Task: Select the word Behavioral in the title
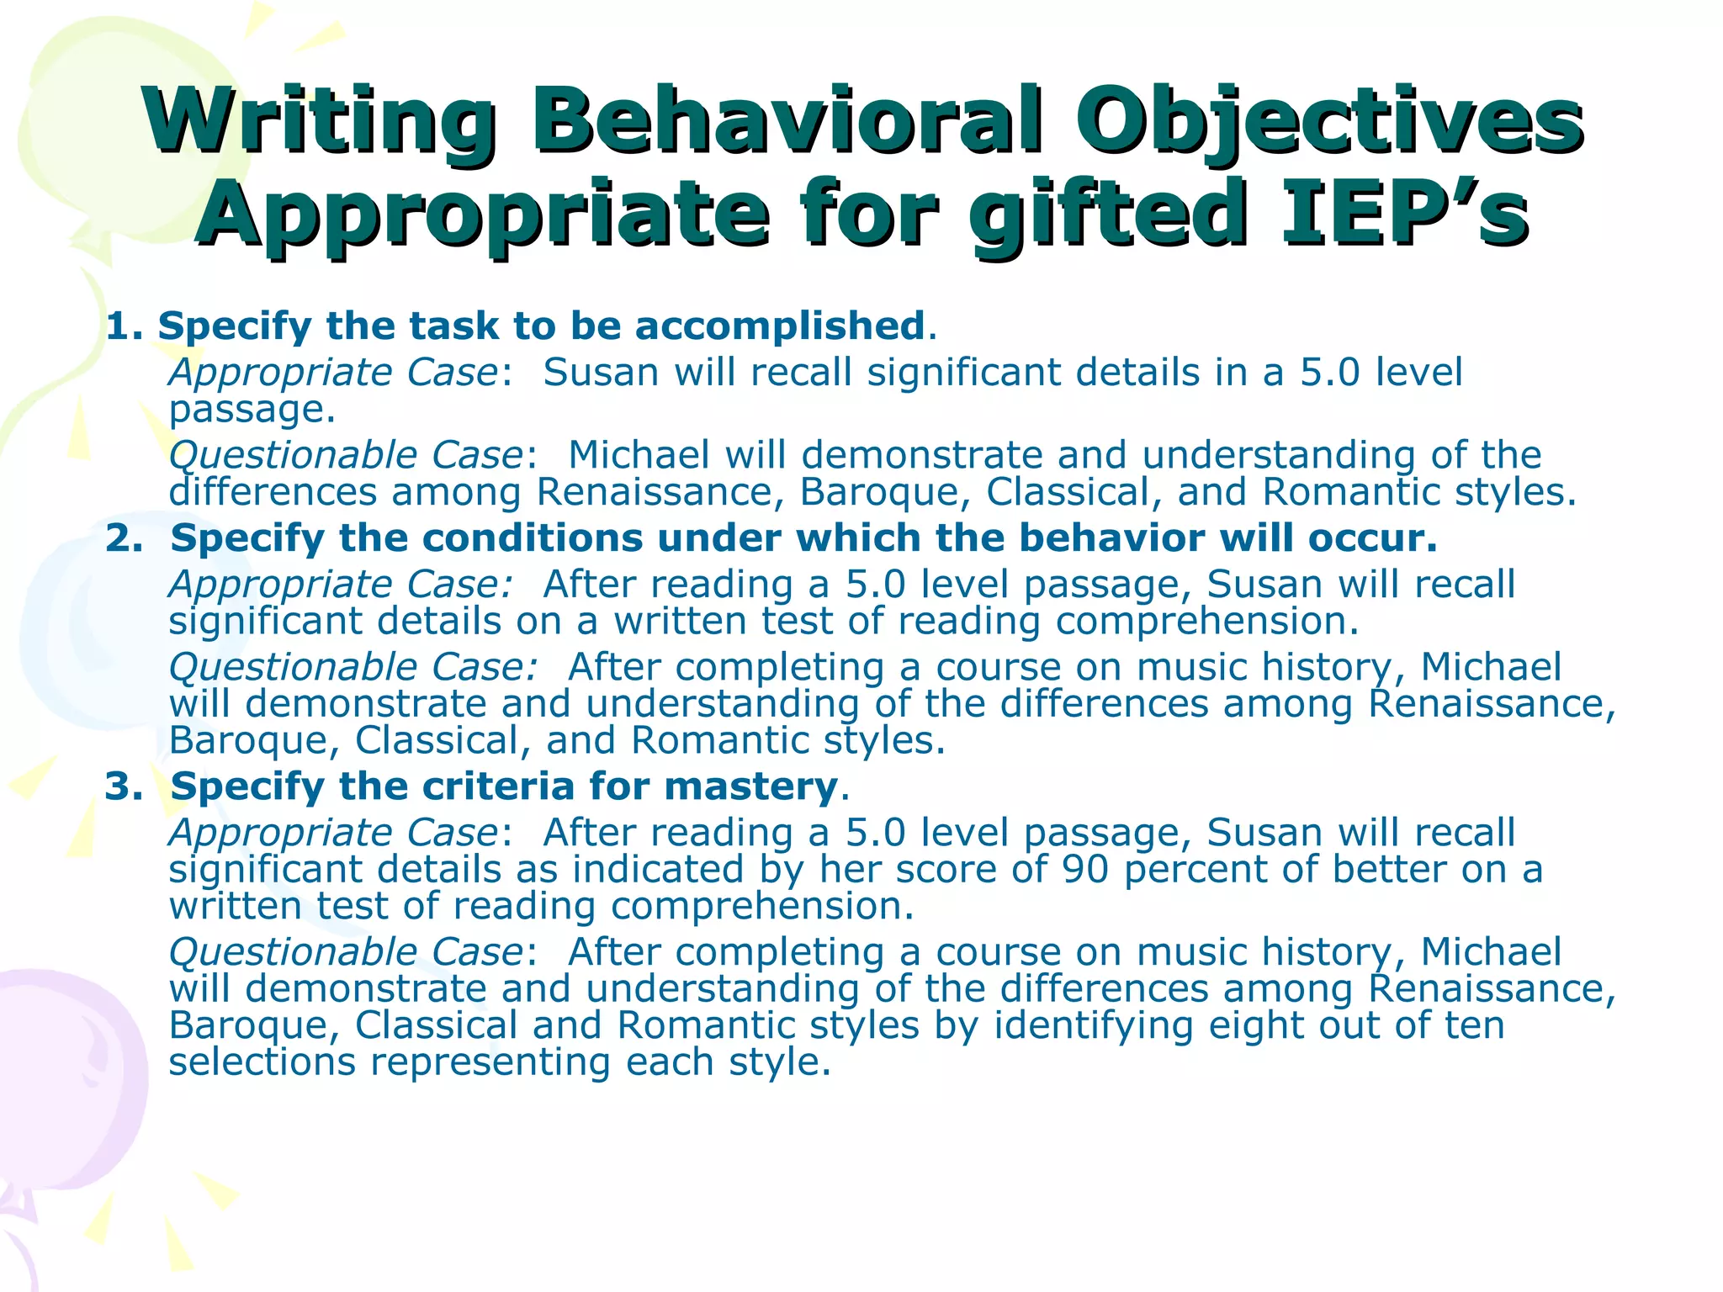[x=787, y=119]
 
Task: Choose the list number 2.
[x=125, y=538]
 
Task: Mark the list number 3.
[x=125, y=786]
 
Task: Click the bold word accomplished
[x=780, y=326]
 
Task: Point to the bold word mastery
[x=750, y=786]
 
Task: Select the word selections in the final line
[x=262, y=1062]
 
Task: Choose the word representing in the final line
[x=490, y=1062]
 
